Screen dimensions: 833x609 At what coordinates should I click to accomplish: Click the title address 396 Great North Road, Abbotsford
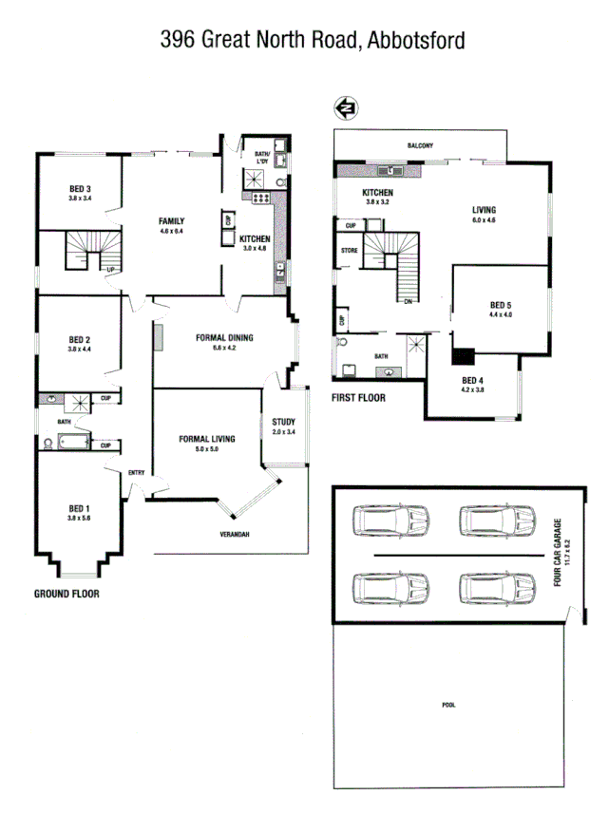pos(312,40)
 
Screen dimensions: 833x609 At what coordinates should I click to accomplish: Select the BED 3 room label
pos(80,188)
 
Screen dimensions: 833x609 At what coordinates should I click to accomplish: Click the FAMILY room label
pos(171,221)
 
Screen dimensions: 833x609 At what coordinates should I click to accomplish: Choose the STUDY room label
pos(283,422)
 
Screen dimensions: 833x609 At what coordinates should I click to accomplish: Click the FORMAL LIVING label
pos(207,439)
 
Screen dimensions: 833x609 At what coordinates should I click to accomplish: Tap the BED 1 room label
pos(80,507)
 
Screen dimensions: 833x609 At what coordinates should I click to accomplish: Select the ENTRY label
pos(136,472)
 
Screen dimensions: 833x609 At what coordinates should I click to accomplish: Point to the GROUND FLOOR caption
pos(67,594)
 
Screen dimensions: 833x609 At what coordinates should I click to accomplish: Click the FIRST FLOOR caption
pos(358,398)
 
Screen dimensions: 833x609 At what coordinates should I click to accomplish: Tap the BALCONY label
pos(420,145)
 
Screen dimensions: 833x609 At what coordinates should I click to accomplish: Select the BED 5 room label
pos(500,306)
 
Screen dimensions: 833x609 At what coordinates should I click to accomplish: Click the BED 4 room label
pos(472,383)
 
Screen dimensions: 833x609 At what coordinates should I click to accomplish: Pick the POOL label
pos(448,706)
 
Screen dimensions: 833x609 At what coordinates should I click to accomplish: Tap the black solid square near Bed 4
pos(463,356)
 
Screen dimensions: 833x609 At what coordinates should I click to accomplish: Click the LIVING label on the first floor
pos(485,211)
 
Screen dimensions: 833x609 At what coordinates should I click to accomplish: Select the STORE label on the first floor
pos(349,251)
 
